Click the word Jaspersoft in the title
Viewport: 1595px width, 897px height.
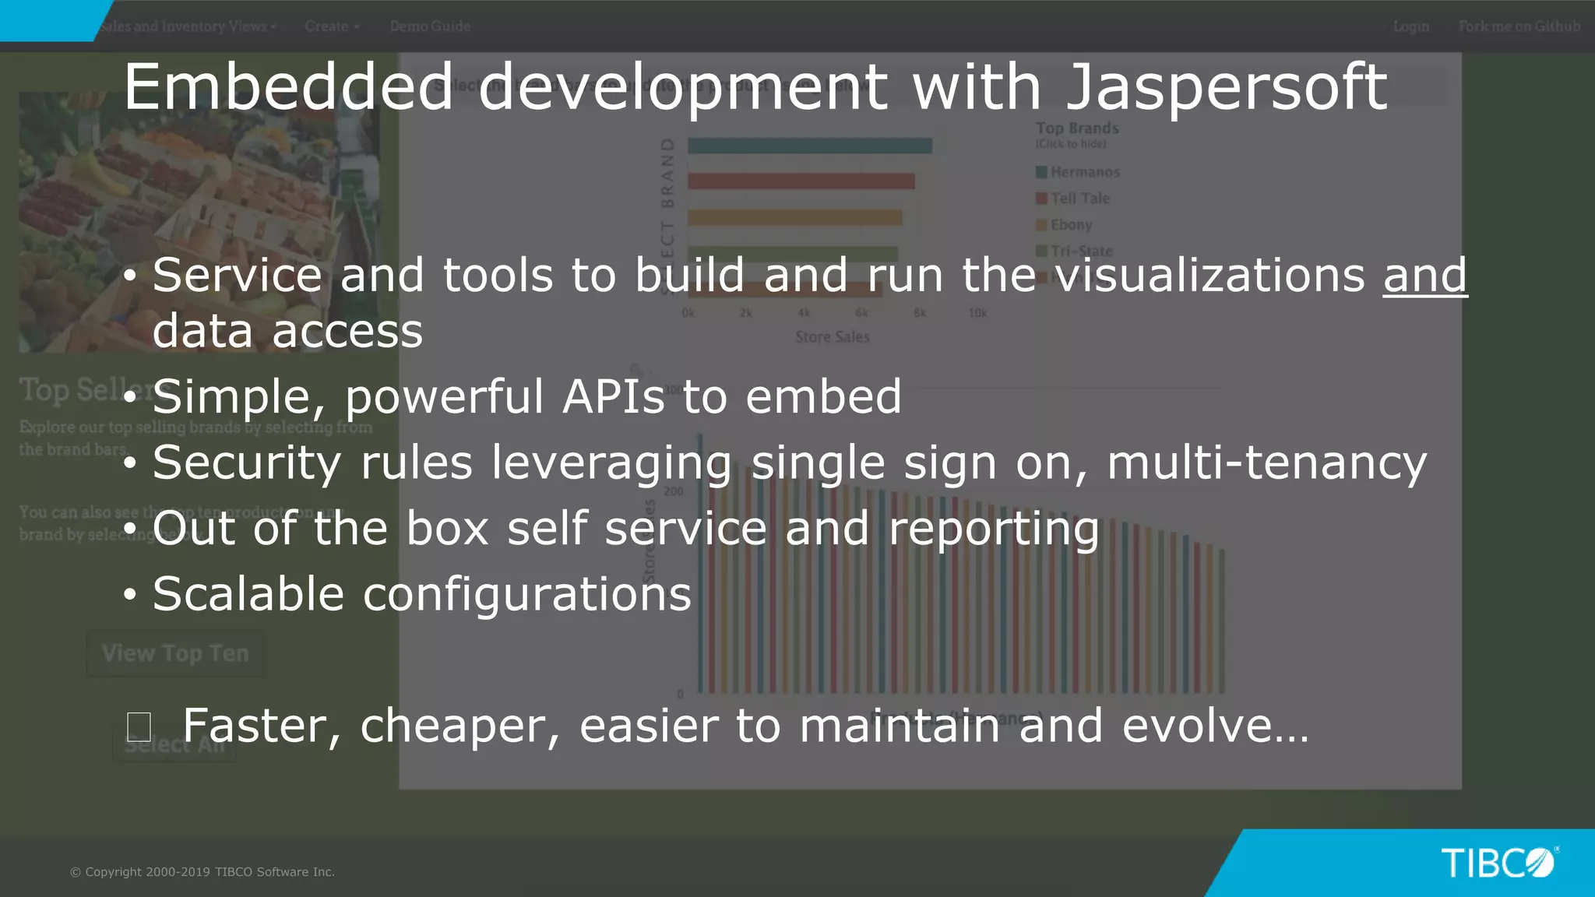[x=1226, y=88]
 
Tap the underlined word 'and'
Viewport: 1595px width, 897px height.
[x=1425, y=276]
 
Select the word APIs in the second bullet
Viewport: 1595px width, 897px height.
[x=613, y=396]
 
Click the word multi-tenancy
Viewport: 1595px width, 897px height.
[x=1267, y=463]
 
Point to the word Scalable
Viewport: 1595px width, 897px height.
[x=248, y=594]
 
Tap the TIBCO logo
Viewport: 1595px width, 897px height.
[x=1497, y=863]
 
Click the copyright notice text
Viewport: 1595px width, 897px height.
[x=202, y=872]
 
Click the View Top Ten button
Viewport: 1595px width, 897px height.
[x=175, y=653]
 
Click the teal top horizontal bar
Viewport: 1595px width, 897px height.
[x=809, y=146]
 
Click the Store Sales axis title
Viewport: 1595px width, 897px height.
[x=832, y=337]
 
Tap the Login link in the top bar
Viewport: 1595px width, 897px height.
[x=1411, y=26]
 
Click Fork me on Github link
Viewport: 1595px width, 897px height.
[x=1519, y=26]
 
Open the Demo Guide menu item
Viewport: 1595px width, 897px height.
[x=430, y=26]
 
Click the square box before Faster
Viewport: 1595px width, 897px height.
[x=139, y=727]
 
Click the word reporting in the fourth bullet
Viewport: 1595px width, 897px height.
[x=994, y=529]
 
